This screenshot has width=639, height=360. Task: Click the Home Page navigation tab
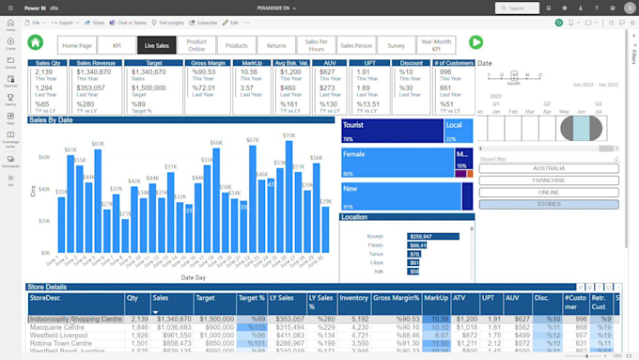[x=76, y=44]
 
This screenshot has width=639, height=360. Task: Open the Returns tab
[x=276, y=44]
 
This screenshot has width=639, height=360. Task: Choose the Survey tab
[x=397, y=44]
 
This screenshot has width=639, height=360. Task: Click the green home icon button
[x=35, y=42]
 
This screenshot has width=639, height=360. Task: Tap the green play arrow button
[x=475, y=42]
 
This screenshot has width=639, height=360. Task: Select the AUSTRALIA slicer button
[x=548, y=168]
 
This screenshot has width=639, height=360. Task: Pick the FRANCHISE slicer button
[x=548, y=180]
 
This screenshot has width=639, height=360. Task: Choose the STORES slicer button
[x=548, y=203]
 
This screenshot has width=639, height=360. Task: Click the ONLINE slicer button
[x=548, y=192]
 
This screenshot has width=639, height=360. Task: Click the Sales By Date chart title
[x=51, y=120]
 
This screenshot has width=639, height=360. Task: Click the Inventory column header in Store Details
[x=353, y=297]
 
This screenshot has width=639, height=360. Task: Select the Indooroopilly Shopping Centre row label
[x=75, y=319]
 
